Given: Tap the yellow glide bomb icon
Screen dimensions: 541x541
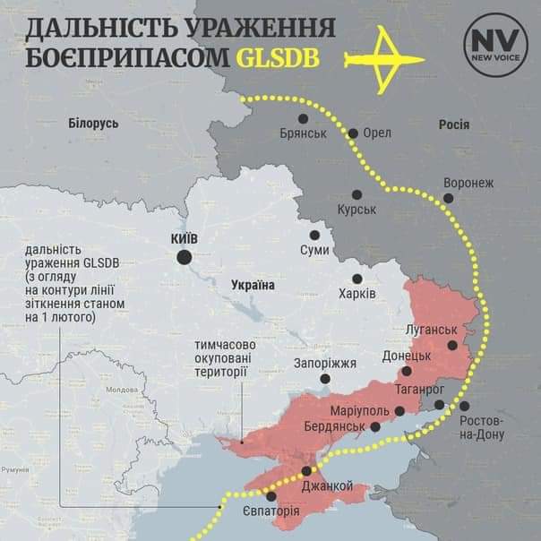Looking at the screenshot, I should (387, 55).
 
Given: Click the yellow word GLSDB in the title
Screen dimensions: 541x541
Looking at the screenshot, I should (286, 56).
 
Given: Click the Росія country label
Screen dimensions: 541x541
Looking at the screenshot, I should (453, 125).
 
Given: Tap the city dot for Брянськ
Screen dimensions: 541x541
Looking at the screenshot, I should (303, 118).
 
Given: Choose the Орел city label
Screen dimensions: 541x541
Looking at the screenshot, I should (377, 133).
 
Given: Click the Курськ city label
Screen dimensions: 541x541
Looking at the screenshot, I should (356, 209).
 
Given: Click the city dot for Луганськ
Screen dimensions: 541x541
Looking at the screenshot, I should (453, 344).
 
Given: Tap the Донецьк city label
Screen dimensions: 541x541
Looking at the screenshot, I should (408, 356).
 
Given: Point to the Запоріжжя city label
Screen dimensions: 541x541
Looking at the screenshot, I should (325, 363).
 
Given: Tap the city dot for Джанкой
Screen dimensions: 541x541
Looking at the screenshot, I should (307, 471).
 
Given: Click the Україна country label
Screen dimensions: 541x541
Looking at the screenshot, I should (253, 285).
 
